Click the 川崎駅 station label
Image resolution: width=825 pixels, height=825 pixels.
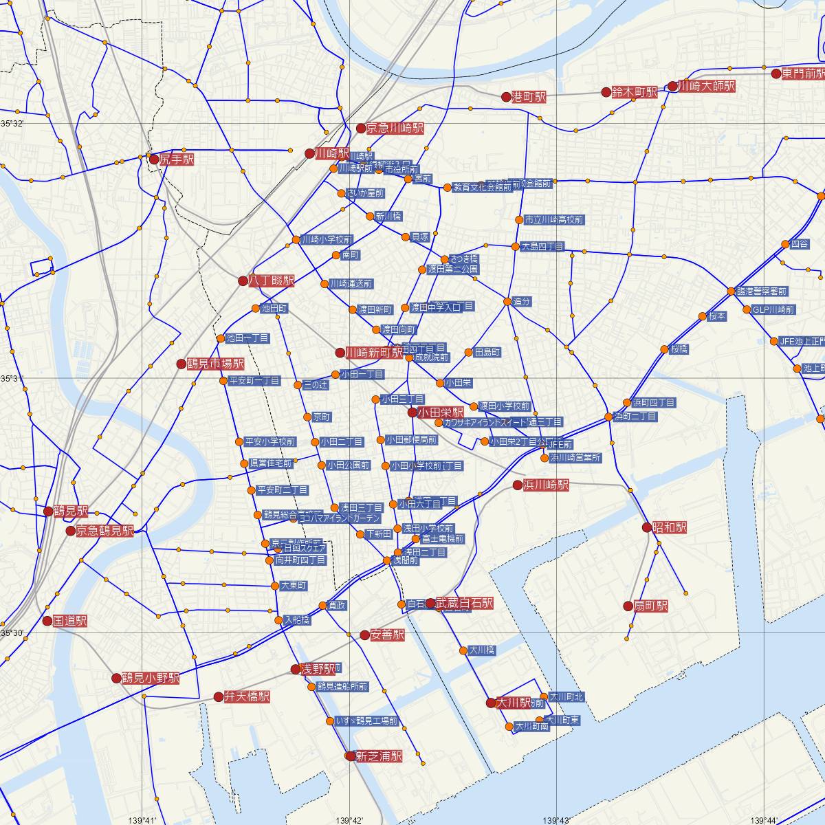(x=332, y=154)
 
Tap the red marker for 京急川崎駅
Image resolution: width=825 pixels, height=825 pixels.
(x=361, y=128)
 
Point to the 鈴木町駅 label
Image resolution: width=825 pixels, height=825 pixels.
(x=634, y=93)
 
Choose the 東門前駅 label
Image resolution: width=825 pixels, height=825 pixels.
(x=803, y=74)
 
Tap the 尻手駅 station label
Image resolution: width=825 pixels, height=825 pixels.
(x=177, y=159)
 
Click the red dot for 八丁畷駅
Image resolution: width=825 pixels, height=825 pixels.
(x=243, y=280)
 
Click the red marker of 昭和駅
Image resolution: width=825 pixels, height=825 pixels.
(x=646, y=527)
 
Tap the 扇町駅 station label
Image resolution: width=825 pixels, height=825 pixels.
(x=650, y=606)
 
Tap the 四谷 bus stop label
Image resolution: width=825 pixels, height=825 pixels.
(x=800, y=244)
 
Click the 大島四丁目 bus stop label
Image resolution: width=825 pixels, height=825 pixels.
(x=542, y=246)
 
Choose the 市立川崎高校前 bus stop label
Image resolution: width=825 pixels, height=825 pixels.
(x=553, y=220)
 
